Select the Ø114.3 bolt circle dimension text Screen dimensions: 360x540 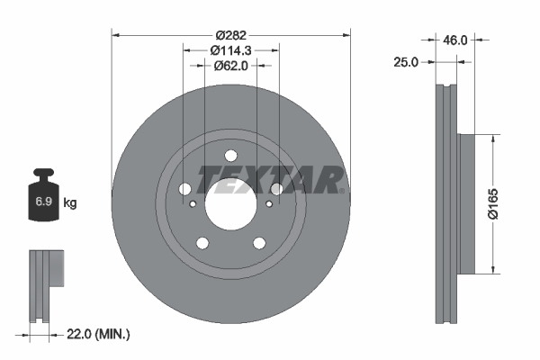(x=229, y=51)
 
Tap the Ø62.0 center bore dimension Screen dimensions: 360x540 (x=229, y=66)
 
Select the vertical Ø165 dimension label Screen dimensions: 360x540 (x=493, y=203)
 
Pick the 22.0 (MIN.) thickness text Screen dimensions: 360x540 (x=98, y=334)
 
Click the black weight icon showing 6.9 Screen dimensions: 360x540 (x=44, y=199)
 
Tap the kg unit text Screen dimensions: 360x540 (x=70, y=203)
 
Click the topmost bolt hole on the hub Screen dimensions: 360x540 (x=229, y=153)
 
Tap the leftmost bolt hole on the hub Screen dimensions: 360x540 (x=185, y=189)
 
